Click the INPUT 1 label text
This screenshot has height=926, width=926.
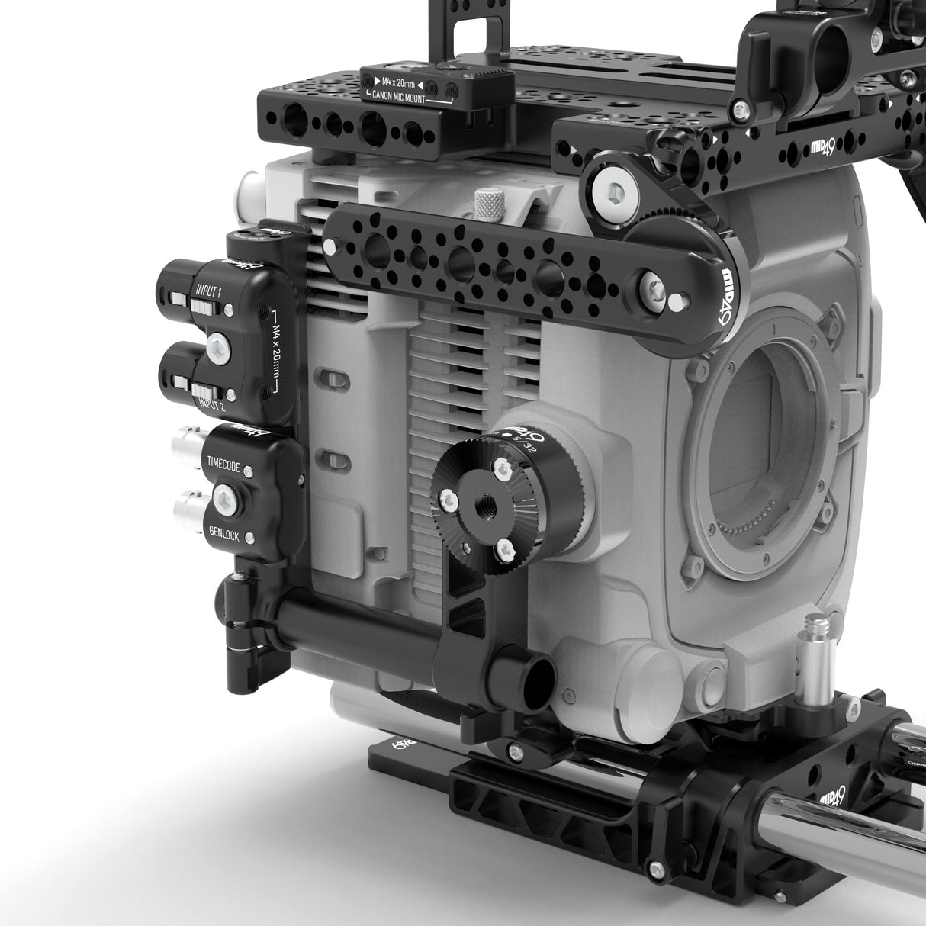(208, 291)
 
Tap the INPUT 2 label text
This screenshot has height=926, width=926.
(211, 404)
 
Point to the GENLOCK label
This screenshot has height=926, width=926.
(223, 536)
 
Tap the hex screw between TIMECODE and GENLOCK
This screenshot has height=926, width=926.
(227, 500)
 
